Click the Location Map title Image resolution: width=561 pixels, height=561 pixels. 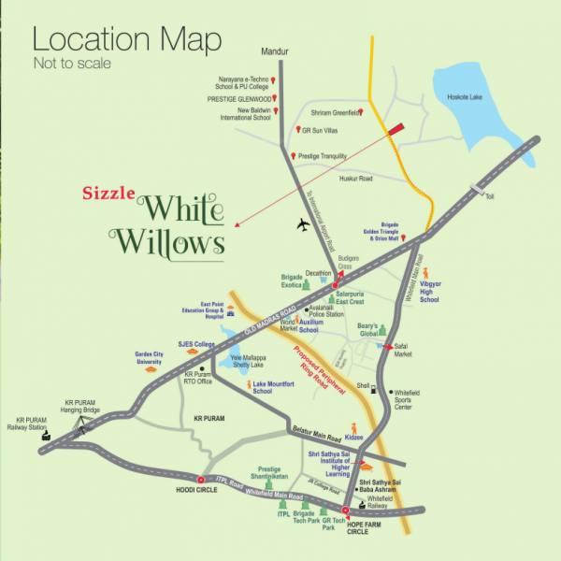(x=127, y=40)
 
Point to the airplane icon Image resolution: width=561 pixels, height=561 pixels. (x=302, y=224)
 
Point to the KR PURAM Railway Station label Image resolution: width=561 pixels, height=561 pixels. (x=35, y=425)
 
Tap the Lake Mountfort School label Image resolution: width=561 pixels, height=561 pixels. (x=274, y=387)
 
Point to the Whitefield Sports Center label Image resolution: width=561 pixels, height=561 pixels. (x=416, y=400)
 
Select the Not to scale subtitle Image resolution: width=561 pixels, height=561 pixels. (x=72, y=65)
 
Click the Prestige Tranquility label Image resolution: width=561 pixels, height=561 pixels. (x=323, y=156)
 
